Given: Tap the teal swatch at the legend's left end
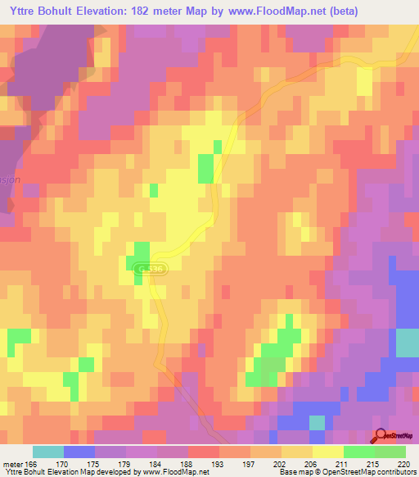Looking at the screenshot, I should pyautogui.click(x=47, y=452).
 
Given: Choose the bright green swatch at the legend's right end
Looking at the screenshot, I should pyautogui.click(x=390, y=452).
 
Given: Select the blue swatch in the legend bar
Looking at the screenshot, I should pyautogui.click(x=79, y=452).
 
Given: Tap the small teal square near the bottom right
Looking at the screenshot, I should pyautogui.click(x=316, y=422).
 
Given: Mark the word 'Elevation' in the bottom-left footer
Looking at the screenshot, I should pyautogui.click(x=69, y=472).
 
